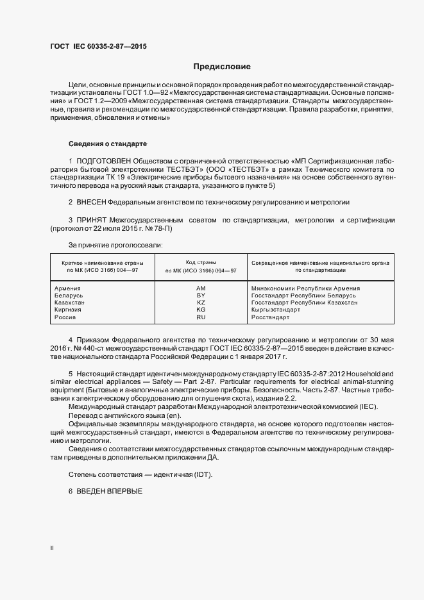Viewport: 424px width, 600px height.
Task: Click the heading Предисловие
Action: [222, 67]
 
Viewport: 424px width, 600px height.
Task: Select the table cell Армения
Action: [67, 288]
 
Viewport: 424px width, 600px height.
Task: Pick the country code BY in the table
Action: [201, 296]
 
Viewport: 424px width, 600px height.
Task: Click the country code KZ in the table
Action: [201, 303]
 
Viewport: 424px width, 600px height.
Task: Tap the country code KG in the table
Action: [201, 310]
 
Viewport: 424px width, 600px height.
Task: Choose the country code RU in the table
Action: [201, 317]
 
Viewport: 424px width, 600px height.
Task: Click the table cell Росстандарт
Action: [271, 317]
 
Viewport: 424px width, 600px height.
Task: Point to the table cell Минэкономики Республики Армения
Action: [305, 288]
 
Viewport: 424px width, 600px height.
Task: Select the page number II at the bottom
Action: [52, 548]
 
